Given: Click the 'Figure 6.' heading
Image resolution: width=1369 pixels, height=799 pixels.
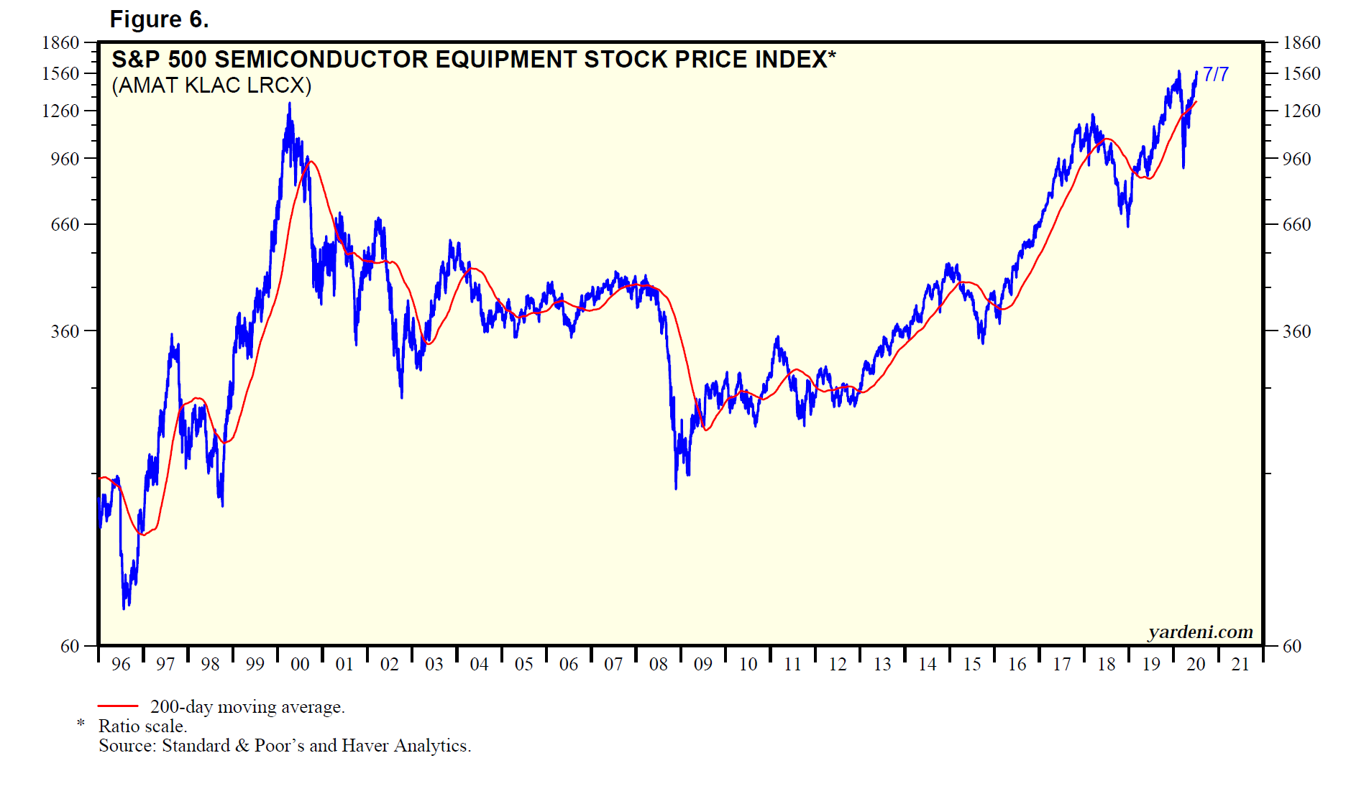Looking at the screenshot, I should click(159, 19).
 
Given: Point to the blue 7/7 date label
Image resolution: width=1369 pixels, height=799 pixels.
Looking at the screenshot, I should click(1215, 74).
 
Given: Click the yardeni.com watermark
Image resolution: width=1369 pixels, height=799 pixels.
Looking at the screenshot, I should click(1200, 632).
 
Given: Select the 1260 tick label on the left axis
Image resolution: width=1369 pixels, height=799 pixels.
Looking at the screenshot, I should click(60, 111).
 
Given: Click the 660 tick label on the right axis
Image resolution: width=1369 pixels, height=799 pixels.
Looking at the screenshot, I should click(1296, 224).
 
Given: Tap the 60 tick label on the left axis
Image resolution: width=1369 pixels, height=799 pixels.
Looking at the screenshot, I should click(70, 646).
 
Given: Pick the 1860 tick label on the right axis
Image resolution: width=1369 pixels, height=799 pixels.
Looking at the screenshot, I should click(1301, 42).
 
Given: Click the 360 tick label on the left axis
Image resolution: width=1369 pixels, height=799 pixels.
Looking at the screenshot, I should click(65, 331).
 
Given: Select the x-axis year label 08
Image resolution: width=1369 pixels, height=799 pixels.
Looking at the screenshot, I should click(658, 664).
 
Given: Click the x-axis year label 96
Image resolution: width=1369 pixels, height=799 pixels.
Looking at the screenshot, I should click(121, 664).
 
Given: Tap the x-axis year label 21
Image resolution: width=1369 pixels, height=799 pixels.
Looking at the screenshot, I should click(1240, 664).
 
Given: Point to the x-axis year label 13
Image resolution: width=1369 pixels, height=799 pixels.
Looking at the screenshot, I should click(882, 664).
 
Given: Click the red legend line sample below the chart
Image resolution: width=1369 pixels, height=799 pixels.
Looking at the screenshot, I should click(117, 706).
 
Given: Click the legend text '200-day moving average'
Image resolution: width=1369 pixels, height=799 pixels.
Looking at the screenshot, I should click(247, 707).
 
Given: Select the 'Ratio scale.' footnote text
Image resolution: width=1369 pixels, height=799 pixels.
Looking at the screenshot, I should click(142, 726).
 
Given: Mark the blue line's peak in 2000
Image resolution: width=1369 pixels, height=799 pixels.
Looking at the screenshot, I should click(290, 103).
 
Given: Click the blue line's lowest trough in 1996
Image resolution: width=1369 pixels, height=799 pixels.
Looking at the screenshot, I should click(124, 608).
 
